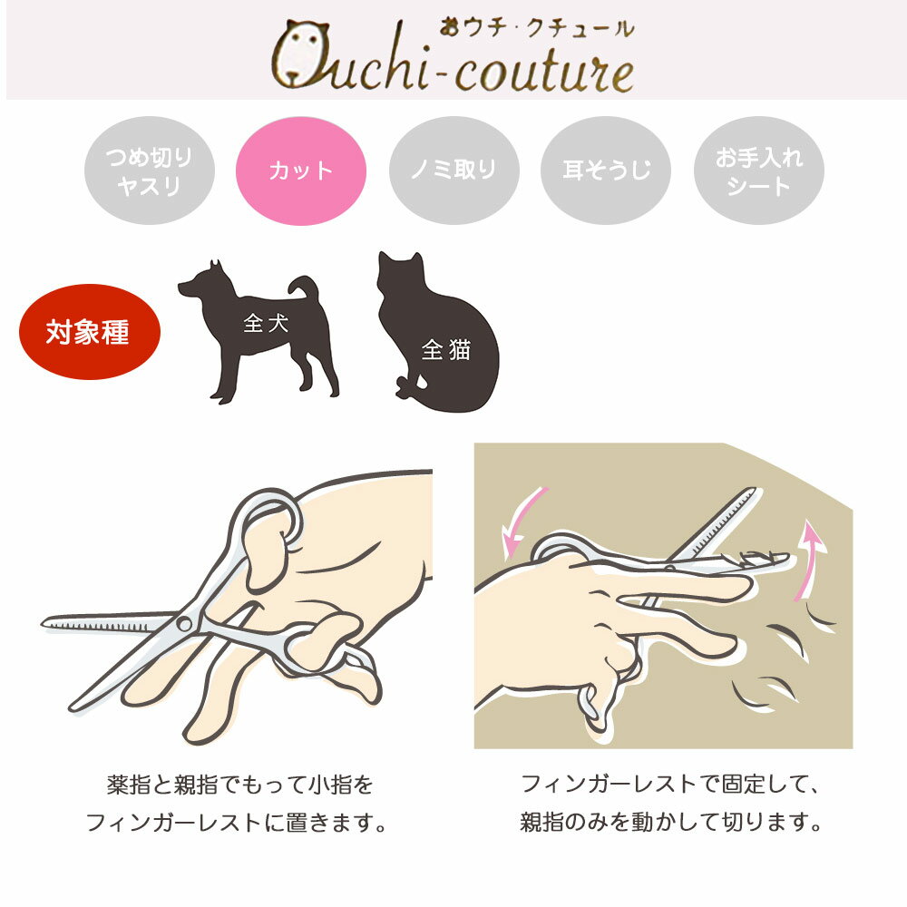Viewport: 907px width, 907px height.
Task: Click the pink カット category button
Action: (x=301, y=171)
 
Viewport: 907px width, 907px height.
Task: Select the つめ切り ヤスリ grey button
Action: (x=150, y=171)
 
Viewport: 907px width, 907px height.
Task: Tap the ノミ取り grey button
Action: (x=454, y=171)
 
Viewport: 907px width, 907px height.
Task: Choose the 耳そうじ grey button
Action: (x=606, y=171)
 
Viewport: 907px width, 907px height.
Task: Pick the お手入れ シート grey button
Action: (x=759, y=171)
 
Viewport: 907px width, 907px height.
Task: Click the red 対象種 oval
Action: (x=89, y=331)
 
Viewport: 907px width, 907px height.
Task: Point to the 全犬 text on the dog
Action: (x=266, y=323)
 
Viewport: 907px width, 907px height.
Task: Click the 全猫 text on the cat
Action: (x=446, y=349)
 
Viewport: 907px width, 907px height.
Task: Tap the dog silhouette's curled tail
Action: (x=306, y=286)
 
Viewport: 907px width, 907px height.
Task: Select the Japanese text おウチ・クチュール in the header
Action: (x=536, y=28)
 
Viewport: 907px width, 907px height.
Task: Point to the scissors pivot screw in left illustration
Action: (x=184, y=623)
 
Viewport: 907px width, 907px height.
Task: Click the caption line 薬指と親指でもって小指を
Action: (x=239, y=785)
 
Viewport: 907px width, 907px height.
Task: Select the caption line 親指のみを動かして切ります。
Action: (x=670, y=822)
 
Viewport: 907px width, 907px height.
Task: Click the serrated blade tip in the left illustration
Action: (x=45, y=623)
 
